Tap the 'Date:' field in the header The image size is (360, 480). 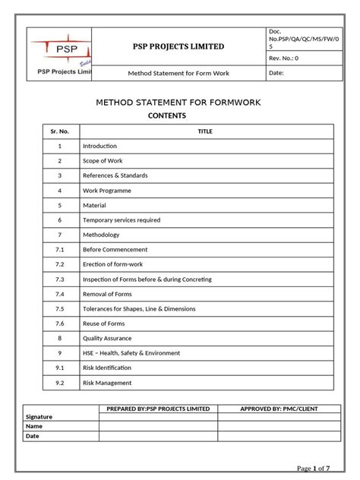coord(276,73)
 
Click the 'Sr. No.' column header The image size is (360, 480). coord(59,131)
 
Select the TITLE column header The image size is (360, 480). coord(205,131)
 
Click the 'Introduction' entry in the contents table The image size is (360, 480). coord(99,146)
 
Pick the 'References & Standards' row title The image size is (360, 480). coord(115,175)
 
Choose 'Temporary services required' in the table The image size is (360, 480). coord(121,220)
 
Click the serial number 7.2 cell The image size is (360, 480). coord(59,264)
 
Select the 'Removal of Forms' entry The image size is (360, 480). coord(107,294)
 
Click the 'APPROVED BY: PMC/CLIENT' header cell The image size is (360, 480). coord(279,409)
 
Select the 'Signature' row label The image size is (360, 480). coord(39,417)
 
